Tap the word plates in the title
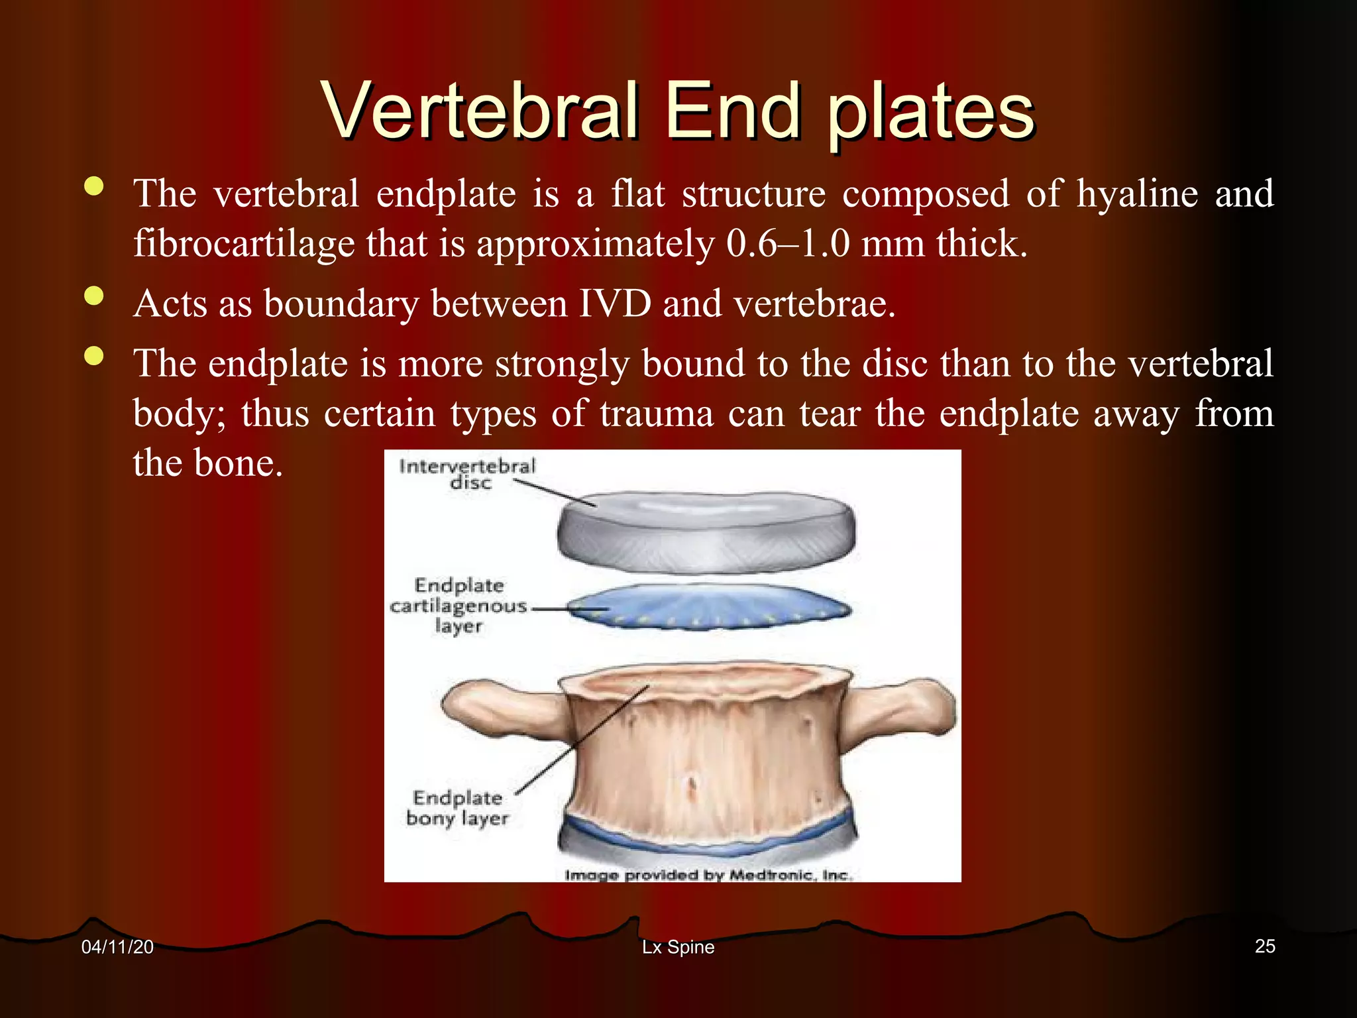pyautogui.click(x=931, y=114)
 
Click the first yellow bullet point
pyautogui.click(x=95, y=186)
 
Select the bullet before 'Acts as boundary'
pyautogui.click(x=95, y=296)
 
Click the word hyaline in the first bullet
pyautogui.click(x=1137, y=194)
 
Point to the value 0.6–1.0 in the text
pyautogui.click(x=788, y=244)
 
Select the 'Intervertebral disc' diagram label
pyautogui.click(x=466, y=474)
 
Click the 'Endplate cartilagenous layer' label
pyautogui.click(x=459, y=606)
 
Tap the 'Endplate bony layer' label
pyautogui.click(x=457, y=808)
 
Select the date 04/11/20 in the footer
pyautogui.click(x=117, y=947)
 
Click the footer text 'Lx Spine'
pyautogui.click(x=678, y=947)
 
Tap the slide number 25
pyautogui.click(x=1264, y=946)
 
